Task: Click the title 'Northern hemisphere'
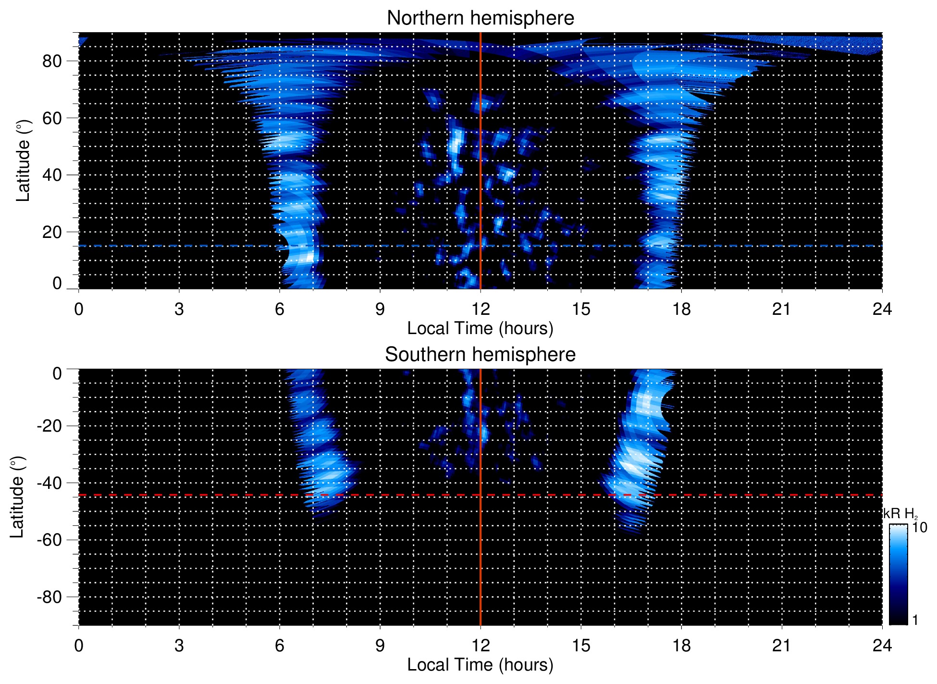[480, 18]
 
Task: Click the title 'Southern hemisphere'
[480, 355]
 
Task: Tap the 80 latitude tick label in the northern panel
[52, 62]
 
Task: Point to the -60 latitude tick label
[49, 540]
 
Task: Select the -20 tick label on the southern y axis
[49, 426]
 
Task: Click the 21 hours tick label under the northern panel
[781, 309]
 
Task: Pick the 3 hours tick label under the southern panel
[179, 646]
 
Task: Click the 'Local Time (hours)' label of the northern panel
[480, 328]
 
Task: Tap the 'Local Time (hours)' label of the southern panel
[480, 665]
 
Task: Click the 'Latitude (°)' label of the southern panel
[17, 497]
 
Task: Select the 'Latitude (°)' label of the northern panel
[23, 161]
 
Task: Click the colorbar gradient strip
[898, 574]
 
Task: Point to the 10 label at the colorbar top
[919, 527]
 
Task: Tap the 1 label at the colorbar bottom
[915, 620]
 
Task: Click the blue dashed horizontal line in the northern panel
[192, 246]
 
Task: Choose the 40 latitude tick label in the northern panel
[52, 175]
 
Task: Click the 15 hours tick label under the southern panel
[580, 646]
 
